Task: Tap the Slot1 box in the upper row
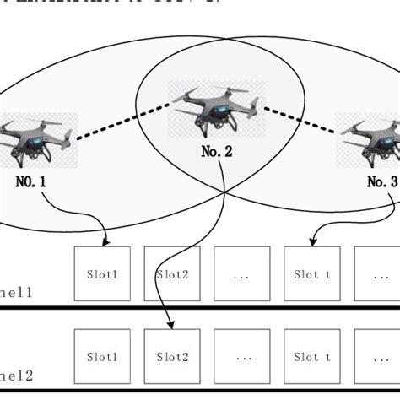(102, 273)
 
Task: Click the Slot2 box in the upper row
(172, 273)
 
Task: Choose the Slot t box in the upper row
(311, 273)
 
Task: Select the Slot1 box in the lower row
(102, 357)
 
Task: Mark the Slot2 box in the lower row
(172, 357)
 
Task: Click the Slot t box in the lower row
(311, 357)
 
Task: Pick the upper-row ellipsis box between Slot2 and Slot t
(242, 273)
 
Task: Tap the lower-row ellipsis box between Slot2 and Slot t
(242, 357)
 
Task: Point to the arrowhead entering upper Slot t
(313, 243)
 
